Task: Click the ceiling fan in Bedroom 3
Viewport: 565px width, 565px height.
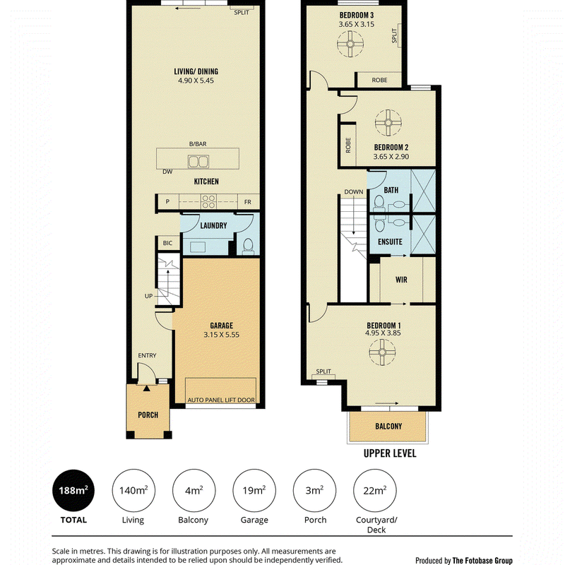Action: pos(350,44)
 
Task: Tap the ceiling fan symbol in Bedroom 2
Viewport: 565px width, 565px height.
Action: pos(388,122)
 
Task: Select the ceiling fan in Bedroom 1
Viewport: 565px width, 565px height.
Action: pos(382,352)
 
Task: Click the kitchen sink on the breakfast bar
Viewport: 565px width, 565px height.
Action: pos(198,162)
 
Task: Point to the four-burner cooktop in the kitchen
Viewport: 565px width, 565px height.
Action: pos(208,201)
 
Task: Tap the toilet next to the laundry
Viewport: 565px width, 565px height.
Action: pos(248,246)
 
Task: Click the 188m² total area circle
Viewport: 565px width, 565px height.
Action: pos(73,490)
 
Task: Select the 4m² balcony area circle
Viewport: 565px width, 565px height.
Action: pos(194,490)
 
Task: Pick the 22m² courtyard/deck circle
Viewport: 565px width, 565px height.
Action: pos(375,490)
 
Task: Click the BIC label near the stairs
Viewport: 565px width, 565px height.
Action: pos(167,243)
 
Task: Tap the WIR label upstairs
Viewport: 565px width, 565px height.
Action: pos(401,280)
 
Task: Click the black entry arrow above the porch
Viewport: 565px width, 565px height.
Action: pos(146,388)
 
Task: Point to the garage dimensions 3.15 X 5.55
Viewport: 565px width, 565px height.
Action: pos(221,335)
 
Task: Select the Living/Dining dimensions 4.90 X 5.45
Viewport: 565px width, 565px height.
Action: pos(196,81)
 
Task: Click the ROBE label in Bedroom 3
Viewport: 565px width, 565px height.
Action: pos(379,80)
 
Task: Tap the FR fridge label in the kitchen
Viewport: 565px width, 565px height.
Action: pos(248,202)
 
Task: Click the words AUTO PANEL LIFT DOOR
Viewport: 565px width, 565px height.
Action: pos(221,400)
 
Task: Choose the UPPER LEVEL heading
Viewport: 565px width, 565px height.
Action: pos(390,453)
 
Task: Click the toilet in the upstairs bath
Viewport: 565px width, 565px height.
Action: pos(379,203)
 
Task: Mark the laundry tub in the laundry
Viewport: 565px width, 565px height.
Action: pos(198,248)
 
